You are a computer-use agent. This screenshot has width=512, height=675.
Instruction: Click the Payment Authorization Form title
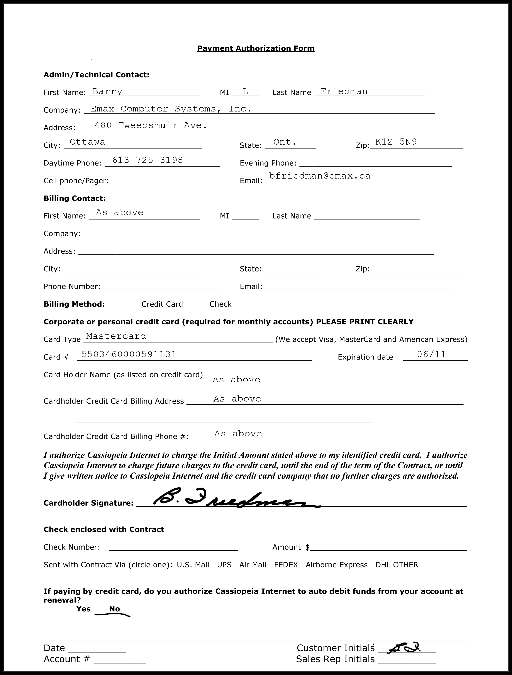coord(256,48)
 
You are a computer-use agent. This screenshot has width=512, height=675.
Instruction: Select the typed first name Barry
coord(107,91)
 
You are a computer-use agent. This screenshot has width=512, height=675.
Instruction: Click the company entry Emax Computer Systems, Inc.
coord(171,109)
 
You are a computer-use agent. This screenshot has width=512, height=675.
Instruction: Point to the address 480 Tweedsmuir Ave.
coord(151,125)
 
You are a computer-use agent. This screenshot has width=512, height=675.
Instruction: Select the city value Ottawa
coord(87,142)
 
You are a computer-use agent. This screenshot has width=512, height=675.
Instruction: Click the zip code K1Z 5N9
coord(396,142)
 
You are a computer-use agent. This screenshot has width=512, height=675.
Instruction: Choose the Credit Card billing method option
coord(162,304)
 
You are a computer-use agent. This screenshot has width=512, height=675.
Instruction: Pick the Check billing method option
coord(220,304)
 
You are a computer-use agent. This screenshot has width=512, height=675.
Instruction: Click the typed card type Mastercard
coord(116,336)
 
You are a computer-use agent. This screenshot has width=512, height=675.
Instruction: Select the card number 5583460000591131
coord(129,354)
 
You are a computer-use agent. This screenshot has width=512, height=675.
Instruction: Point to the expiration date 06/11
coord(431,354)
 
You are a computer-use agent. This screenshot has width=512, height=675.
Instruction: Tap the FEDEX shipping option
coord(286,565)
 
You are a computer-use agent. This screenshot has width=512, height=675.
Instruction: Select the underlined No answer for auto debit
coord(114,609)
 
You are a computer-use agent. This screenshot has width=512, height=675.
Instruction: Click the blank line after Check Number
coord(173,548)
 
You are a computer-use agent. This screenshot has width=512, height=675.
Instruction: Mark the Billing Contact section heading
coord(75,198)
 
